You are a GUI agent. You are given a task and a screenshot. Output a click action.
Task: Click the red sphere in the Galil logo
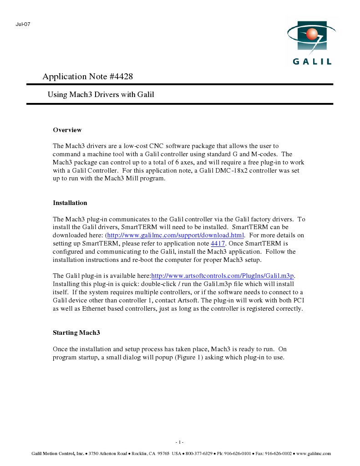pos(311,34)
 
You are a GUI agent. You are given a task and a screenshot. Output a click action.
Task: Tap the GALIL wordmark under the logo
pos(312,61)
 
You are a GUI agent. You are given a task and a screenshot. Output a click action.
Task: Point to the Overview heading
pos(67,130)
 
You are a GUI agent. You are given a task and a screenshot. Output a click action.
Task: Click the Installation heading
pos(70,203)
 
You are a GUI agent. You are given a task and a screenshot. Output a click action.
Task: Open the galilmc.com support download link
pos(176,236)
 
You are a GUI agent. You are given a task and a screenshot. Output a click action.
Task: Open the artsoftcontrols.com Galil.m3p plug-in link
pos(223,276)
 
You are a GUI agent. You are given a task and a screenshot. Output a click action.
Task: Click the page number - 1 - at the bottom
pos(179,442)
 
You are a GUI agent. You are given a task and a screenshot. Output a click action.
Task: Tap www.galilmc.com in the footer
pos(314,454)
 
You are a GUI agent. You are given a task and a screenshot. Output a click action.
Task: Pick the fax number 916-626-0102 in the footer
pos(277,454)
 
